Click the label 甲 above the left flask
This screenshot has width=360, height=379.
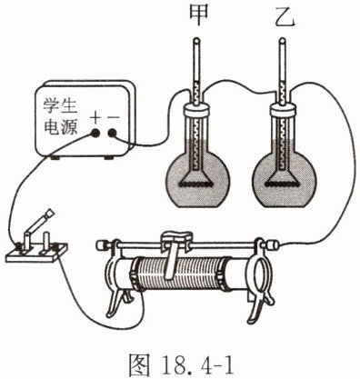tap(198, 15)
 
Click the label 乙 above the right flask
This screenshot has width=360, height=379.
tap(285, 16)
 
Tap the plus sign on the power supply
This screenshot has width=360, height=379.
tap(95, 118)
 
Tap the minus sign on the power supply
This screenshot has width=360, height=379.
tap(114, 117)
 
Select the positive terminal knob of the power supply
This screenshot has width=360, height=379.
tap(95, 133)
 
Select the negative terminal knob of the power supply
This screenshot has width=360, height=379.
tap(113, 133)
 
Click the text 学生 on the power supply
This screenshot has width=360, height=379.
tap(60, 106)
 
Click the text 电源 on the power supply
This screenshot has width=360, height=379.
tap(61, 126)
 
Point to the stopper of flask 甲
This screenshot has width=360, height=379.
tap(196, 109)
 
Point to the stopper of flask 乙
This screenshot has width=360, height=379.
tap(283, 109)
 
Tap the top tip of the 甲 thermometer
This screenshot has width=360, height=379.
tap(196, 39)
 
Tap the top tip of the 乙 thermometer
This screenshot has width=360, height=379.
tap(283, 39)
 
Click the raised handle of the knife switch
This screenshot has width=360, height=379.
tap(38, 224)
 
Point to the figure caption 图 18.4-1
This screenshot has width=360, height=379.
tap(182, 364)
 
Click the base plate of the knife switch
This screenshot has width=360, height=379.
tap(37, 254)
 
